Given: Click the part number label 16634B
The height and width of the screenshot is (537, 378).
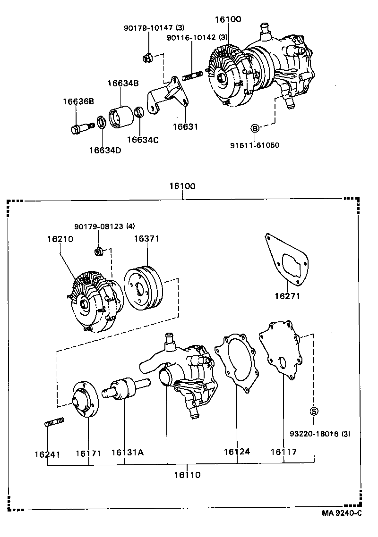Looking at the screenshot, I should [122, 84].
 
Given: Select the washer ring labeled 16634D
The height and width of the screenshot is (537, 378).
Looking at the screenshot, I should [101, 122].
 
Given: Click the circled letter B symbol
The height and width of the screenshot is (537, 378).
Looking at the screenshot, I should [254, 128].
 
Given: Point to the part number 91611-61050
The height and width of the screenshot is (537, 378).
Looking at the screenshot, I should [254, 145].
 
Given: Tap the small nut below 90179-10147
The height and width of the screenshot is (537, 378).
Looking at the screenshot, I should [146, 59].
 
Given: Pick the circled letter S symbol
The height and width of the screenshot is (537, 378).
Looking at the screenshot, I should [314, 411].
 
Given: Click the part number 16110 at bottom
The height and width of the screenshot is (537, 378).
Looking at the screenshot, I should [185, 475].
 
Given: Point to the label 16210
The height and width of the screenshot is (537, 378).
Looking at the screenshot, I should [60, 239].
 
